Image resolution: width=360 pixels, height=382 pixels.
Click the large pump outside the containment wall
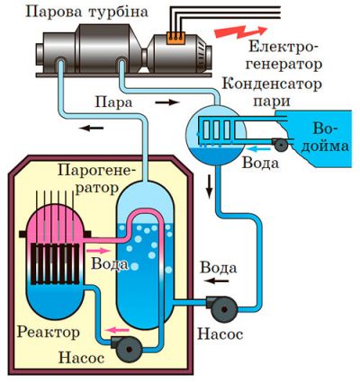coord(221,308)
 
